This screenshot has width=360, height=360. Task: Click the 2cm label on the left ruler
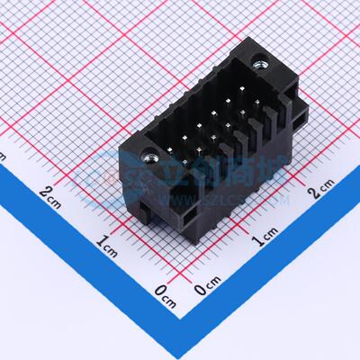pyautogui.click(x=52, y=192)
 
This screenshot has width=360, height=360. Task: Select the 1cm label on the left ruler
pyautogui.click(x=109, y=241)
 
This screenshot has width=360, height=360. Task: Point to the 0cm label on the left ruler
pyautogui.click(x=163, y=291)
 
